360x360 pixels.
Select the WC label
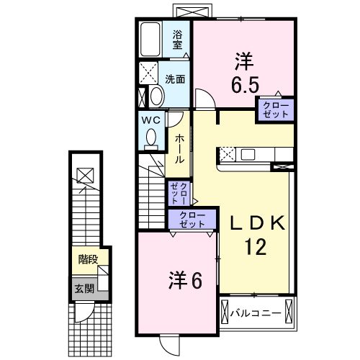(x=150, y=120)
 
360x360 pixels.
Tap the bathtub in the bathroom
(x=153, y=38)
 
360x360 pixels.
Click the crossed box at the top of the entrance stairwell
(x=85, y=174)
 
